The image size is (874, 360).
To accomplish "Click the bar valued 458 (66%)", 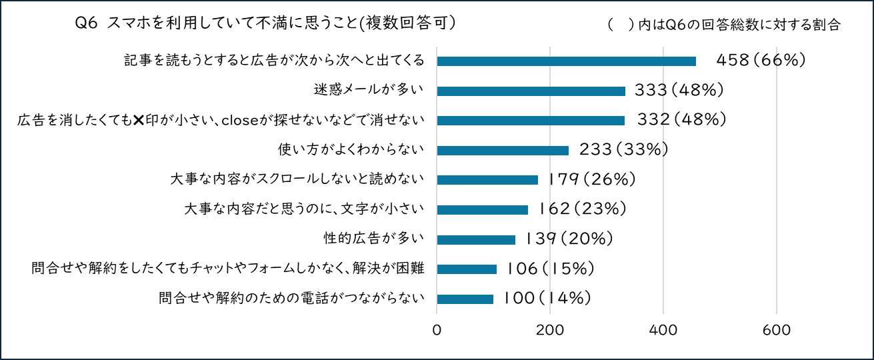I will (566, 61).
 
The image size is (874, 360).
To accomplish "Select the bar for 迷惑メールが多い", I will (531, 91).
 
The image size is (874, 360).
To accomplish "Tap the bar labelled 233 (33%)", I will (503, 150).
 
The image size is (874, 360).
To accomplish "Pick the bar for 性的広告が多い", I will (476, 239).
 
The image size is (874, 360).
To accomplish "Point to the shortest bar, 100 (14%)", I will (465, 299).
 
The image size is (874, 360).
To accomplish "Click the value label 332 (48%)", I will (679, 121).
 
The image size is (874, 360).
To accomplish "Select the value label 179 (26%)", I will (591, 179).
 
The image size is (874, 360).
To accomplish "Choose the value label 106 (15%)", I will (549, 269).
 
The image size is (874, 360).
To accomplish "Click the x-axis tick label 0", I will (437, 330).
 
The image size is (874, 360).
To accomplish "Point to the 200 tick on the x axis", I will (550, 330).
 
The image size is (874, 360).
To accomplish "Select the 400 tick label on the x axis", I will (663, 330).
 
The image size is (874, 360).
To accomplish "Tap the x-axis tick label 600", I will (777, 330).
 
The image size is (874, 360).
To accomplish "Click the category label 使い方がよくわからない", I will (351, 150).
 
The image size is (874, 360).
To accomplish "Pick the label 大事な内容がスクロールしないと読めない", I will (297, 179).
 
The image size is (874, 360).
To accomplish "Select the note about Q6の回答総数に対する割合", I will (723, 25).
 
